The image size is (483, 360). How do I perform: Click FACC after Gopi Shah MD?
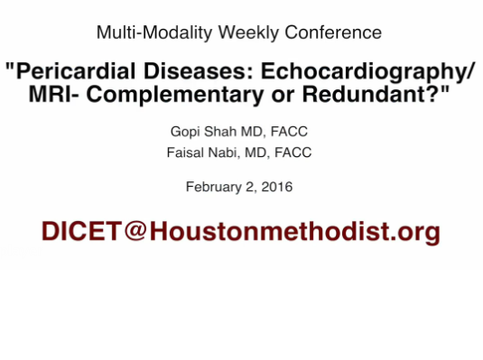tap(289, 133)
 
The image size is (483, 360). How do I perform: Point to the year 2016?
tap(275, 188)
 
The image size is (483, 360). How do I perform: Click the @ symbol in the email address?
tap(135, 232)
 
